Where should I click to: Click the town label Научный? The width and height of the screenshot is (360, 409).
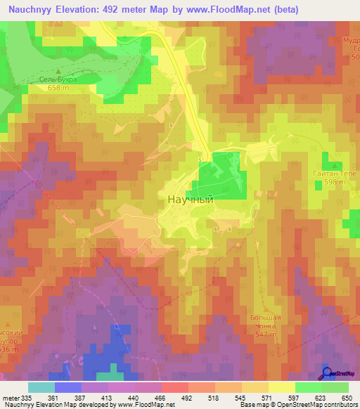tap(190, 199)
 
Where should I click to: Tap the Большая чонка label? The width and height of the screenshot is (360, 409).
tap(266, 322)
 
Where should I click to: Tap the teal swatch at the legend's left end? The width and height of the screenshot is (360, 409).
tap(41, 387)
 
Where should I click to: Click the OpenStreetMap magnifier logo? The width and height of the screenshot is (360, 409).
tap(327, 373)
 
